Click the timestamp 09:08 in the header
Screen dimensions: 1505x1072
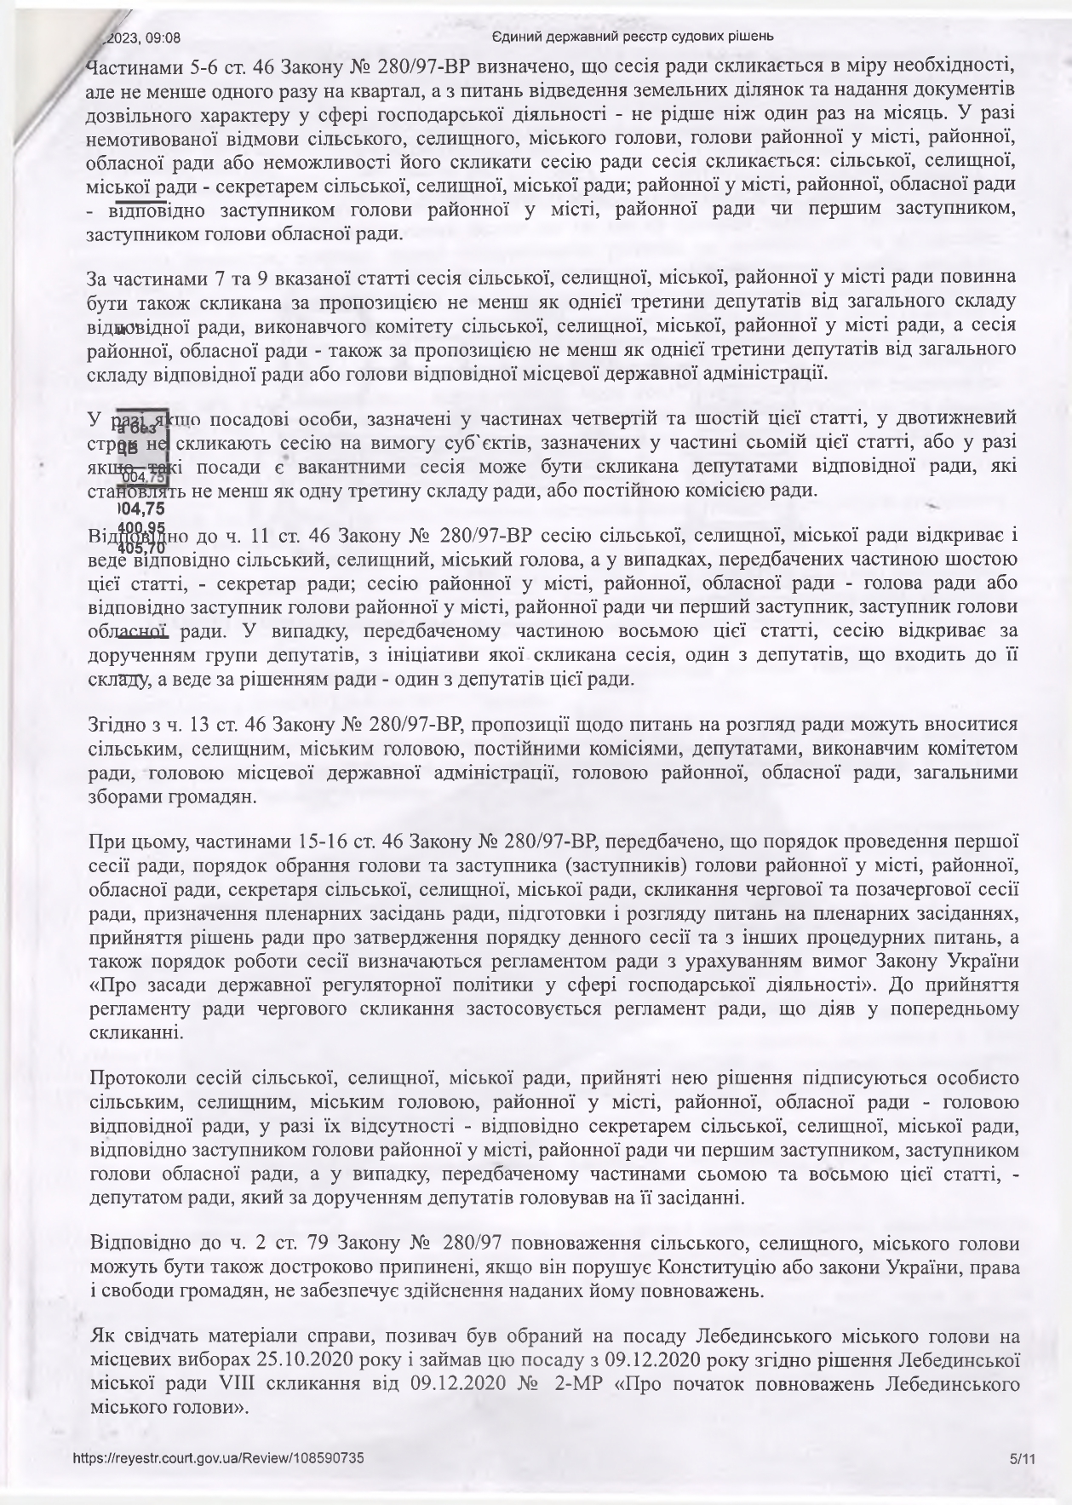163,37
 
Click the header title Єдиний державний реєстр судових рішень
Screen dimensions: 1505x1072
633,37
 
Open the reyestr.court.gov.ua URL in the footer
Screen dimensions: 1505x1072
219,1458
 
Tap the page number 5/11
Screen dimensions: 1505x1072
1021,1458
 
